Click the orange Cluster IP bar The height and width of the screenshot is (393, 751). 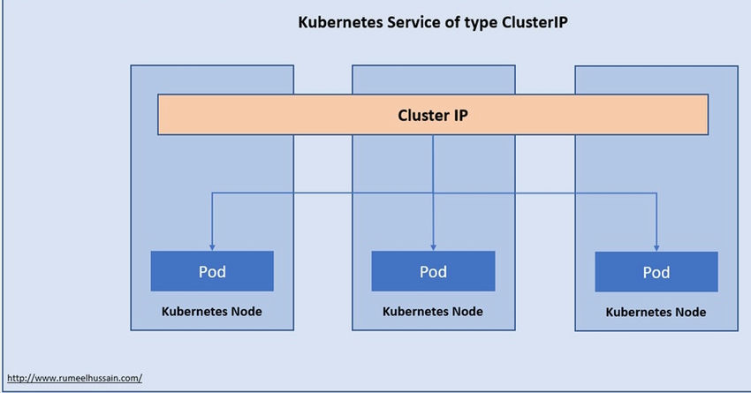[x=265, y=115]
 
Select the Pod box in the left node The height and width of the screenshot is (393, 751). [x=212, y=271]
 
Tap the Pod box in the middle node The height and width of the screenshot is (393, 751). [x=433, y=271]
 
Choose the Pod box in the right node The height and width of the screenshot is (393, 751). [x=656, y=272]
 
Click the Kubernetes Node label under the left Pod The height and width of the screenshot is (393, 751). [x=211, y=312]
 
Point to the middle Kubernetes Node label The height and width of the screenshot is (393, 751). [x=433, y=312]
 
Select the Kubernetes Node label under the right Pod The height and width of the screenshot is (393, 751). [x=656, y=313]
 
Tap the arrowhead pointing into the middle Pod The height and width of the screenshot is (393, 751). [x=433, y=246]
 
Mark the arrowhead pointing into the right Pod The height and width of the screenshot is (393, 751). [x=656, y=246]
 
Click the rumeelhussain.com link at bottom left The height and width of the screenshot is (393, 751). [x=74, y=378]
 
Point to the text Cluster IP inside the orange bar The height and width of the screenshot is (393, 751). [x=433, y=115]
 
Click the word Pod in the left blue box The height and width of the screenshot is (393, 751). [x=212, y=271]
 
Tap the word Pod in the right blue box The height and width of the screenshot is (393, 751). [x=656, y=272]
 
